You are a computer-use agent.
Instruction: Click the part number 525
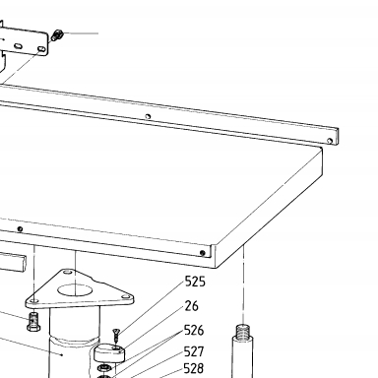[195, 282]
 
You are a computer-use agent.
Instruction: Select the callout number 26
[192, 306]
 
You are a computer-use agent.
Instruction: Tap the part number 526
[194, 330]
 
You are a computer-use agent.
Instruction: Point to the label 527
[194, 351]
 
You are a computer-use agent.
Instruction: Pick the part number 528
[194, 368]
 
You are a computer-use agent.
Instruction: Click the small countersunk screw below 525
[116, 335]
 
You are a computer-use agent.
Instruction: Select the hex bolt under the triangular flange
[33, 322]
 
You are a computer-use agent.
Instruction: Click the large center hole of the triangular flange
[75, 290]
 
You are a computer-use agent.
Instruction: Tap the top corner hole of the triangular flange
[68, 272]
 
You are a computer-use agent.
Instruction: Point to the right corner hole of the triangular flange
[125, 297]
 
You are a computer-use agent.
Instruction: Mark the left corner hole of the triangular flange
[33, 301]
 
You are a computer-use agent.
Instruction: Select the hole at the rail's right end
[330, 141]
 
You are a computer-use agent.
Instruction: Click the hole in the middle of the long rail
[148, 116]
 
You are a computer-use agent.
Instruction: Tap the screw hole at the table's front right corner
[203, 253]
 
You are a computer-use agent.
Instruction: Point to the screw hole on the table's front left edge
[20, 229]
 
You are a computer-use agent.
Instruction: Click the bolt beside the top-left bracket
[57, 34]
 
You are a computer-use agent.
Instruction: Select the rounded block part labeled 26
[109, 352]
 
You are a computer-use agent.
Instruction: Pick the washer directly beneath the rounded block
[104, 367]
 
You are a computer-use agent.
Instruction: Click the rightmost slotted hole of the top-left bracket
[41, 49]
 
